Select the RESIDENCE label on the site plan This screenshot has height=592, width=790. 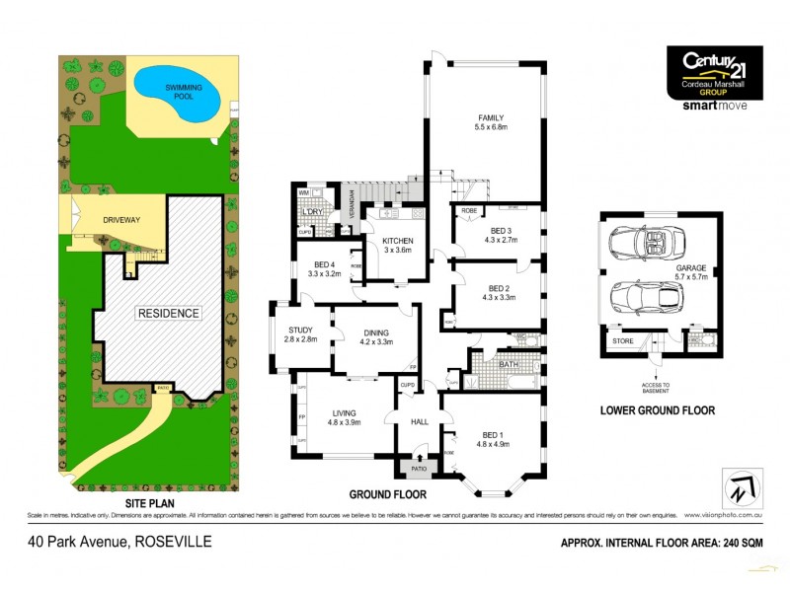pos(169,313)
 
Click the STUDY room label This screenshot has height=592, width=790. pos(301,331)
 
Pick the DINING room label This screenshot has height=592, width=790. pos(377,333)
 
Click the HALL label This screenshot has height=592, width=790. pos(418,421)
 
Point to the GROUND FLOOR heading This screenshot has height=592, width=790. pos(387,493)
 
